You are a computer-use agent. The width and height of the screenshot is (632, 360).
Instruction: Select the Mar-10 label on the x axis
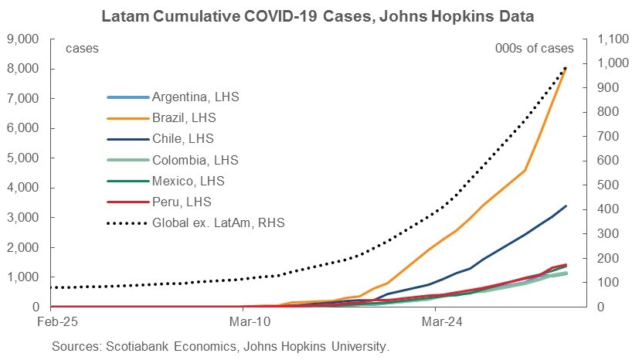244,319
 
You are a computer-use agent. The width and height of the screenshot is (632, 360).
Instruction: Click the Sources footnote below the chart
220,345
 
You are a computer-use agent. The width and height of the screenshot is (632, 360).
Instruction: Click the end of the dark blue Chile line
566,205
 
